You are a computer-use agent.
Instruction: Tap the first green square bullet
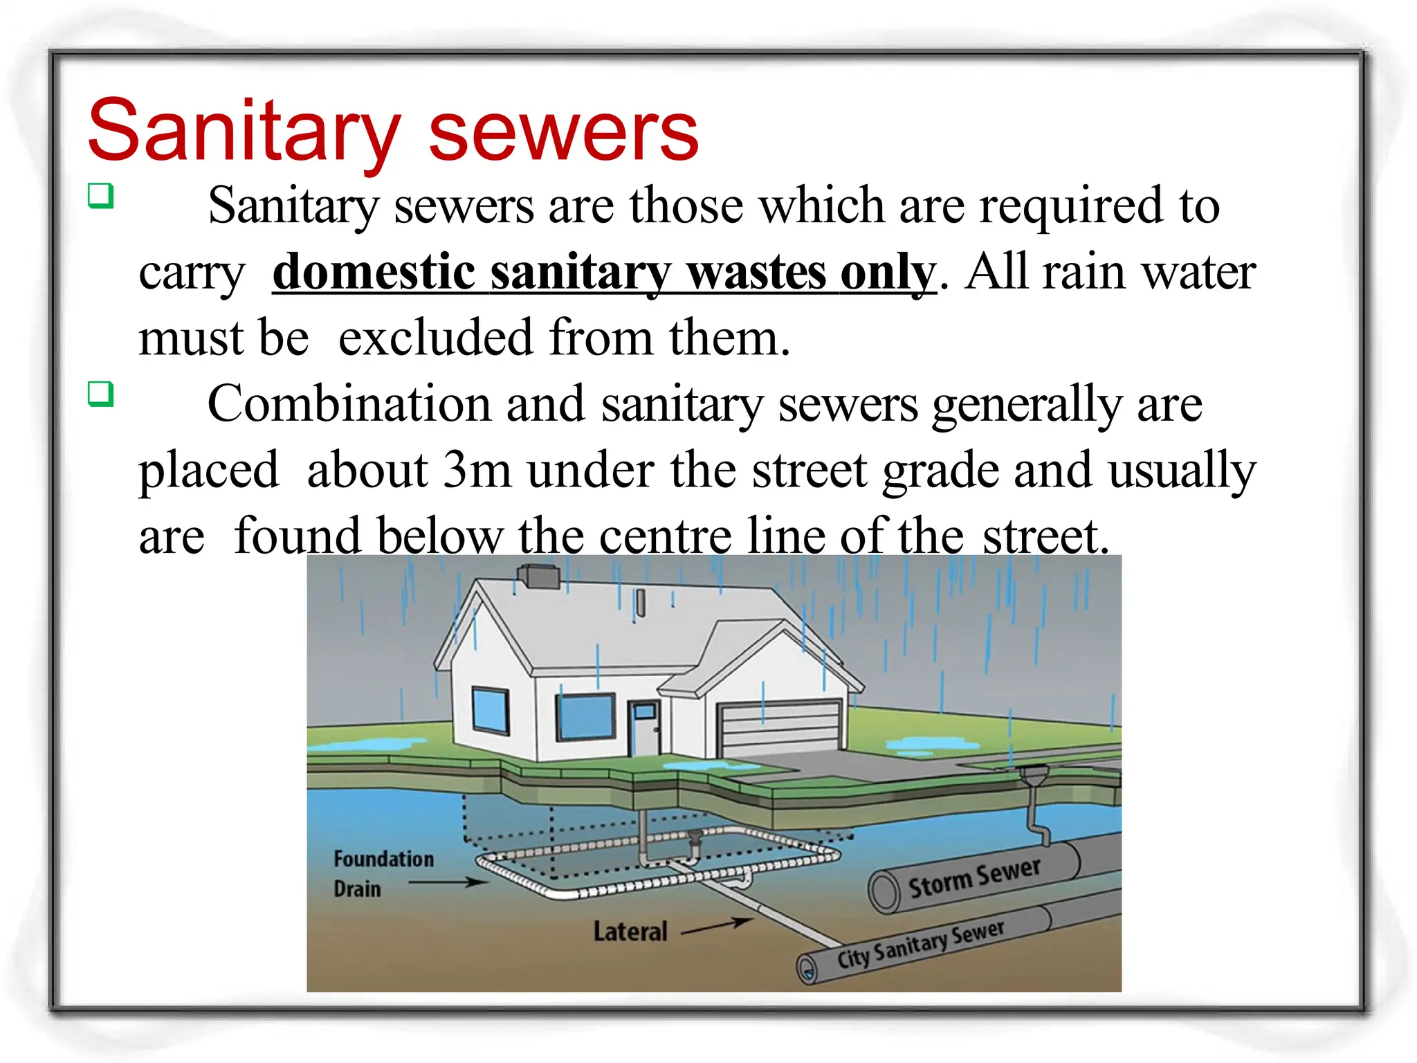tap(100, 196)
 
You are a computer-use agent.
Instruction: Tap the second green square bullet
tap(100, 394)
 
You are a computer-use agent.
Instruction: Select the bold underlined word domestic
tap(374, 272)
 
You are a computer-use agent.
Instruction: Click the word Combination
tap(349, 403)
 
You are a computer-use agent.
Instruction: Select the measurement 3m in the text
tap(477, 470)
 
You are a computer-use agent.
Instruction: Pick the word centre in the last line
tap(664, 536)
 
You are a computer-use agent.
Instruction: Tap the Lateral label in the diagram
tap(630, 932)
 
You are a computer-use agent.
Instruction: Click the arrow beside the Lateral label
tap(717, 927)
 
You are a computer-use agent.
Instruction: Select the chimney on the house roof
tap(539, 576)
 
